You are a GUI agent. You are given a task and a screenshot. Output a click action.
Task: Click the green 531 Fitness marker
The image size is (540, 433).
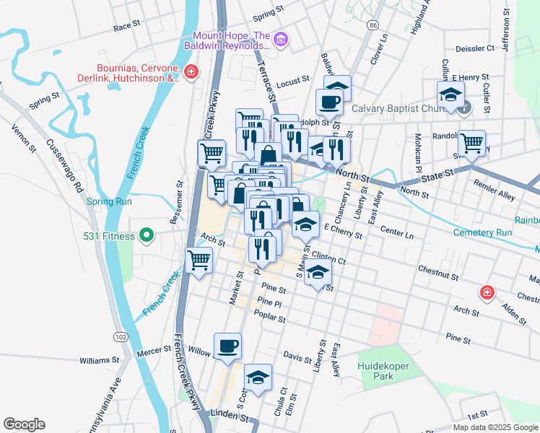pos(147,235)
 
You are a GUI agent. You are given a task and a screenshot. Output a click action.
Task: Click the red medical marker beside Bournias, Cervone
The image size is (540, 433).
pos(191,72)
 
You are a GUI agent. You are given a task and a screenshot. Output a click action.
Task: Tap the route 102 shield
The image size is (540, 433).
pos(121,337)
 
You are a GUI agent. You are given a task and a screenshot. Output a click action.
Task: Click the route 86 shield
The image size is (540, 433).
pos(371,25)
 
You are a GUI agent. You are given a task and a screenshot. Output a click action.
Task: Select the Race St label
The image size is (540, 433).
pos(126,26)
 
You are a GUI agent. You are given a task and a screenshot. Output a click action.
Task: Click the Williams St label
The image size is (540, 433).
pos(99,359)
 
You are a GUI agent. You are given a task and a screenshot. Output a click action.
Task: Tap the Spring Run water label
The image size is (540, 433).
pos(109,201)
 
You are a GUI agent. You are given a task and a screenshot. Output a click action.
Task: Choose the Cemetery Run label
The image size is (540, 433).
pos(483,232)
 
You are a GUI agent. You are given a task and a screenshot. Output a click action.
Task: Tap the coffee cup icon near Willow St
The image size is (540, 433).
pos(228,346)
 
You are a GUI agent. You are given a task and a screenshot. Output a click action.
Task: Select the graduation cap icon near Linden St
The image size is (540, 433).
pos(258,377)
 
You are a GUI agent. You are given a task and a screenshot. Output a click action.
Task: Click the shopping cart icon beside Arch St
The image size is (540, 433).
pos(199,259)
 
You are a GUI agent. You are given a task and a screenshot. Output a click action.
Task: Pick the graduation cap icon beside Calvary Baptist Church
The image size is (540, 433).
pos(450,94)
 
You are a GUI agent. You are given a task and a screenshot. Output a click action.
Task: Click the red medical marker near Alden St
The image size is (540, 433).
pos(487,292)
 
